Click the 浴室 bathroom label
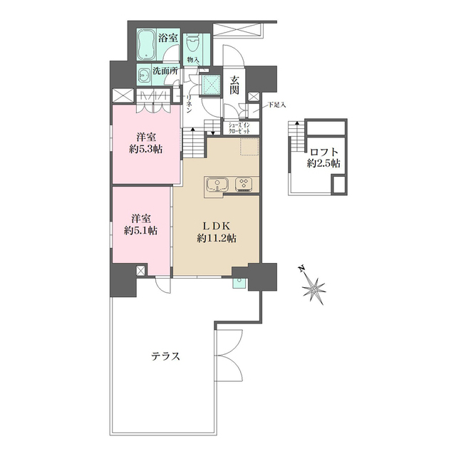click(168, 38)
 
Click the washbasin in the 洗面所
click(143, 76)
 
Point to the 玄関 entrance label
click(234, 85)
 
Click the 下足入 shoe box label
click(276, 105)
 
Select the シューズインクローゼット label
click(239, 128)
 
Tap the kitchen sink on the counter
click(217, 185)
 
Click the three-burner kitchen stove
click(244, 185)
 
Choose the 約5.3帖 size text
click(145, 149)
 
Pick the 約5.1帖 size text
click(141, 231)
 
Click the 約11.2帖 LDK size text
click(217, 238)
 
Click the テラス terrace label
click(166, 356)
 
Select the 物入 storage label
click(193, 60)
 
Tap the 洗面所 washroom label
click(165, 71)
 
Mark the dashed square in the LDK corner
click(249, 147)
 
